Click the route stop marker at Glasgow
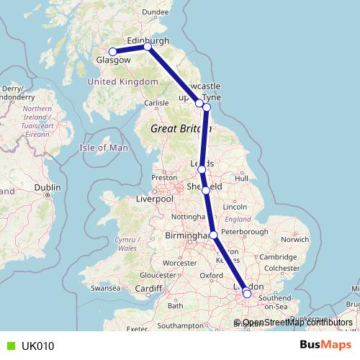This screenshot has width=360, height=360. [x=113, y=51]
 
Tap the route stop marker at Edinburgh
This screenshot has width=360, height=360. [x=148, y=47]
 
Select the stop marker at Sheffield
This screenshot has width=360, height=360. [x=206, y=190]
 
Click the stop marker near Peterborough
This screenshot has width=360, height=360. [x=213, y=234]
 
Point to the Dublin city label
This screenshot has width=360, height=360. [x=48, y=188]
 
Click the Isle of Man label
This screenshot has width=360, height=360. [x=103, y=148]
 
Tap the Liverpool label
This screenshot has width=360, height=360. [x=155, y=199]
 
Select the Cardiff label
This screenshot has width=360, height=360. [x=149, y=289]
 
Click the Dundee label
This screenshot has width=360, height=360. [x=156, y=12]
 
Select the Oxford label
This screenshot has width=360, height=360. [x=211, y=275]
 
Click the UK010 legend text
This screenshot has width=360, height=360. [x=37, y=346]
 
